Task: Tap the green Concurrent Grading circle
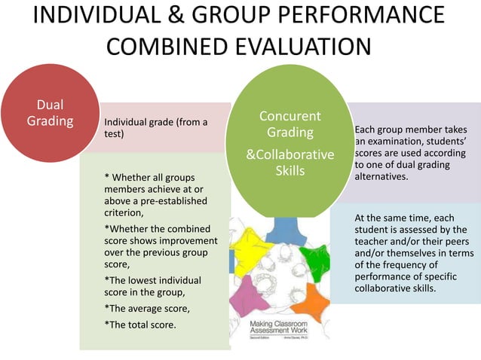[x=290, y=144]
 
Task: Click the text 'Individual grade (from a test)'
[x=155, y=127]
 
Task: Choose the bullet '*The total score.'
[x=140, y=325]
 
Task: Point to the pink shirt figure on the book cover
[x=244, y=298]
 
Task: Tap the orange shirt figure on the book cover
[x=309, y=301]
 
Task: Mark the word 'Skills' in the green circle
[x=290, y=171]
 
